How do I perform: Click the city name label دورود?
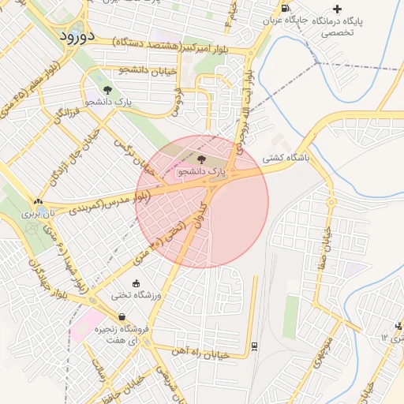pyautogui.click(x=77, y=36)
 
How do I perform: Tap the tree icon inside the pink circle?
pyautogui.click(x=200, y=159)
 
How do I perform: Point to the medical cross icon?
pyautogui.click(x=339, y=9)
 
